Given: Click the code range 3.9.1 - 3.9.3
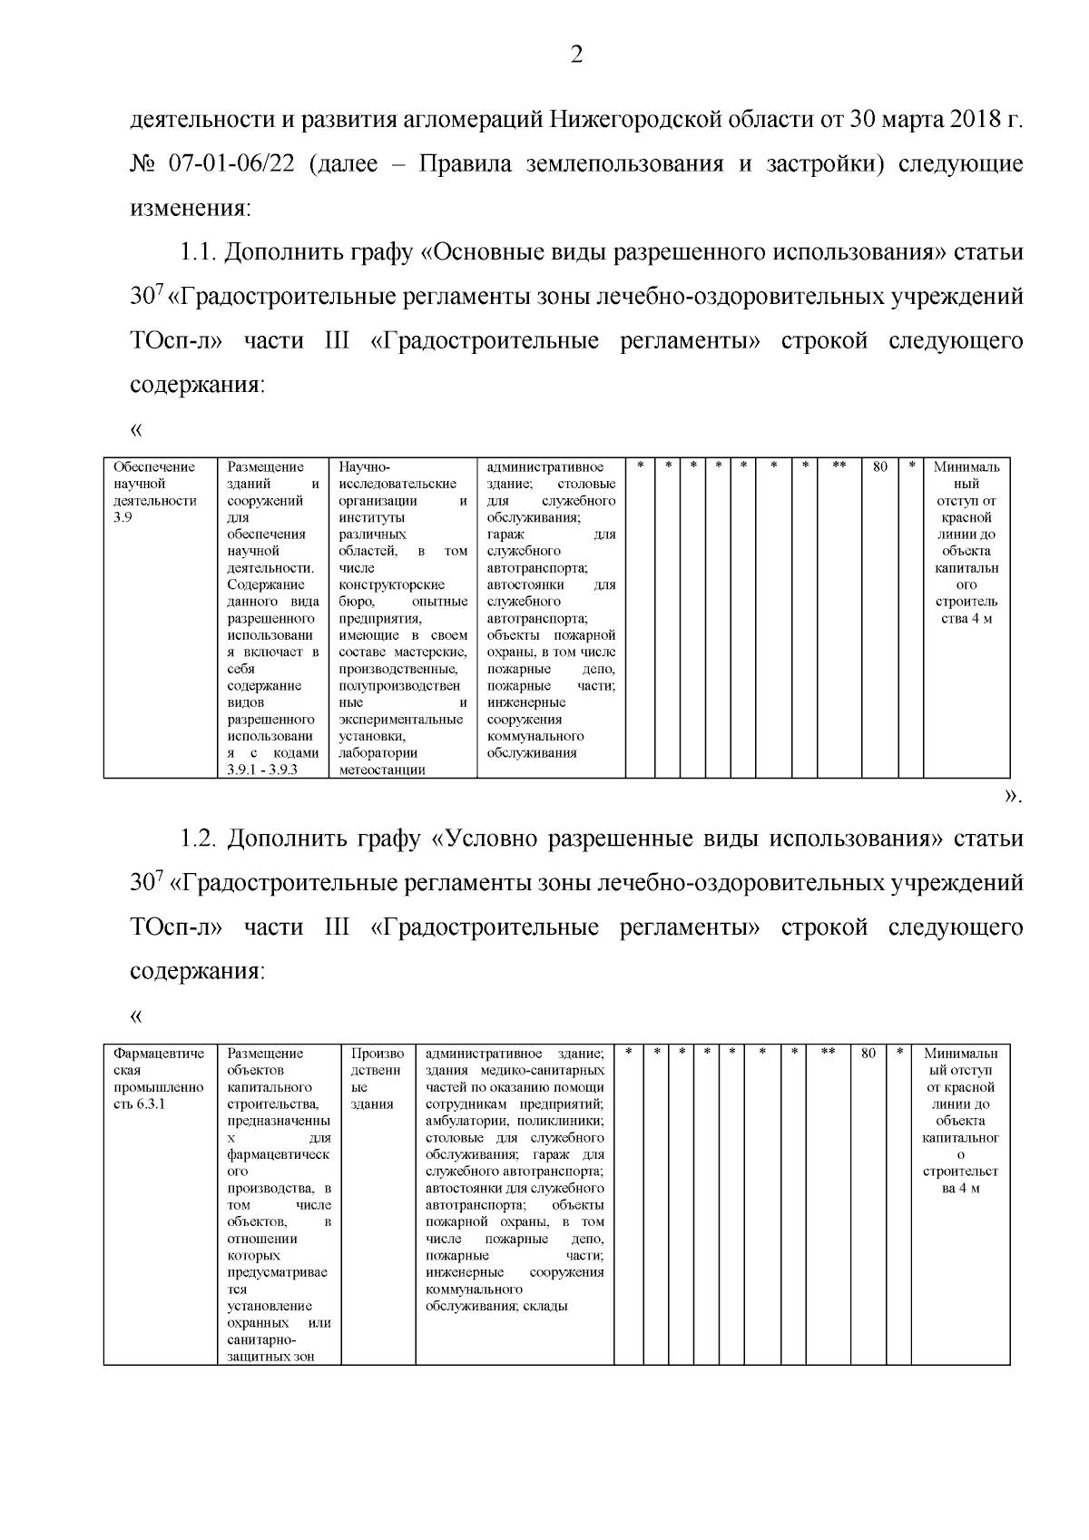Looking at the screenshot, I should coord(262,770).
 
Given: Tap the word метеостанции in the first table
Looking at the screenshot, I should coord(381,770).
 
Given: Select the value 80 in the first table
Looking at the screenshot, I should coord(879,466).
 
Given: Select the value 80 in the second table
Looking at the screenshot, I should coord(868,1054).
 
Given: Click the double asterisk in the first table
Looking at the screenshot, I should coord(839,466).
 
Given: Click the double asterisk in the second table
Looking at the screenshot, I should coord(828,1054).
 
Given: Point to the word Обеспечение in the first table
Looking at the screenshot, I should coord(153,466).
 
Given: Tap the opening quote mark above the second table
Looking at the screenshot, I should coord(137,1015).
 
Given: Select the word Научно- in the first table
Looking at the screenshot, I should coord(363,466).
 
